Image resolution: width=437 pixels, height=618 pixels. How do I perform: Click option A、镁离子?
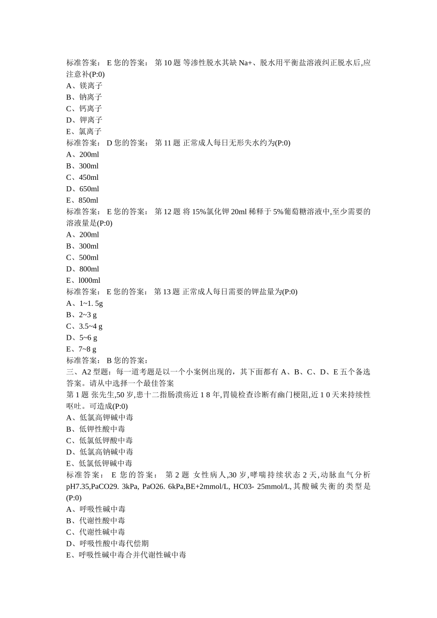point(84,86)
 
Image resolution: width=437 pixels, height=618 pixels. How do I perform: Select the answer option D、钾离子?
point(84,120)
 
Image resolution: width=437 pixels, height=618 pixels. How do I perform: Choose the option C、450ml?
point(82,177)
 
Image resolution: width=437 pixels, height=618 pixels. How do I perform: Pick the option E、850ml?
point(82,200)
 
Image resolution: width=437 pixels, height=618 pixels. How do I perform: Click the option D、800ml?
point(83,269)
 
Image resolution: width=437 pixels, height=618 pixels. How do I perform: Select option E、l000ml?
point(83,280)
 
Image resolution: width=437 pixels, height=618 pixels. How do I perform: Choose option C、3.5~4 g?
point(84,326)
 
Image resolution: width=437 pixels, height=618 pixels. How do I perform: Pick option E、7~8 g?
point(81,349)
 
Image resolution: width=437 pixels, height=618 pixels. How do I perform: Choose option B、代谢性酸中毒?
point(96,521)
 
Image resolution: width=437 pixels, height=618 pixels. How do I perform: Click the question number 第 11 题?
point(167,143)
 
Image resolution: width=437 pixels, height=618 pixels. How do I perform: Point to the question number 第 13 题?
point(167,292)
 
